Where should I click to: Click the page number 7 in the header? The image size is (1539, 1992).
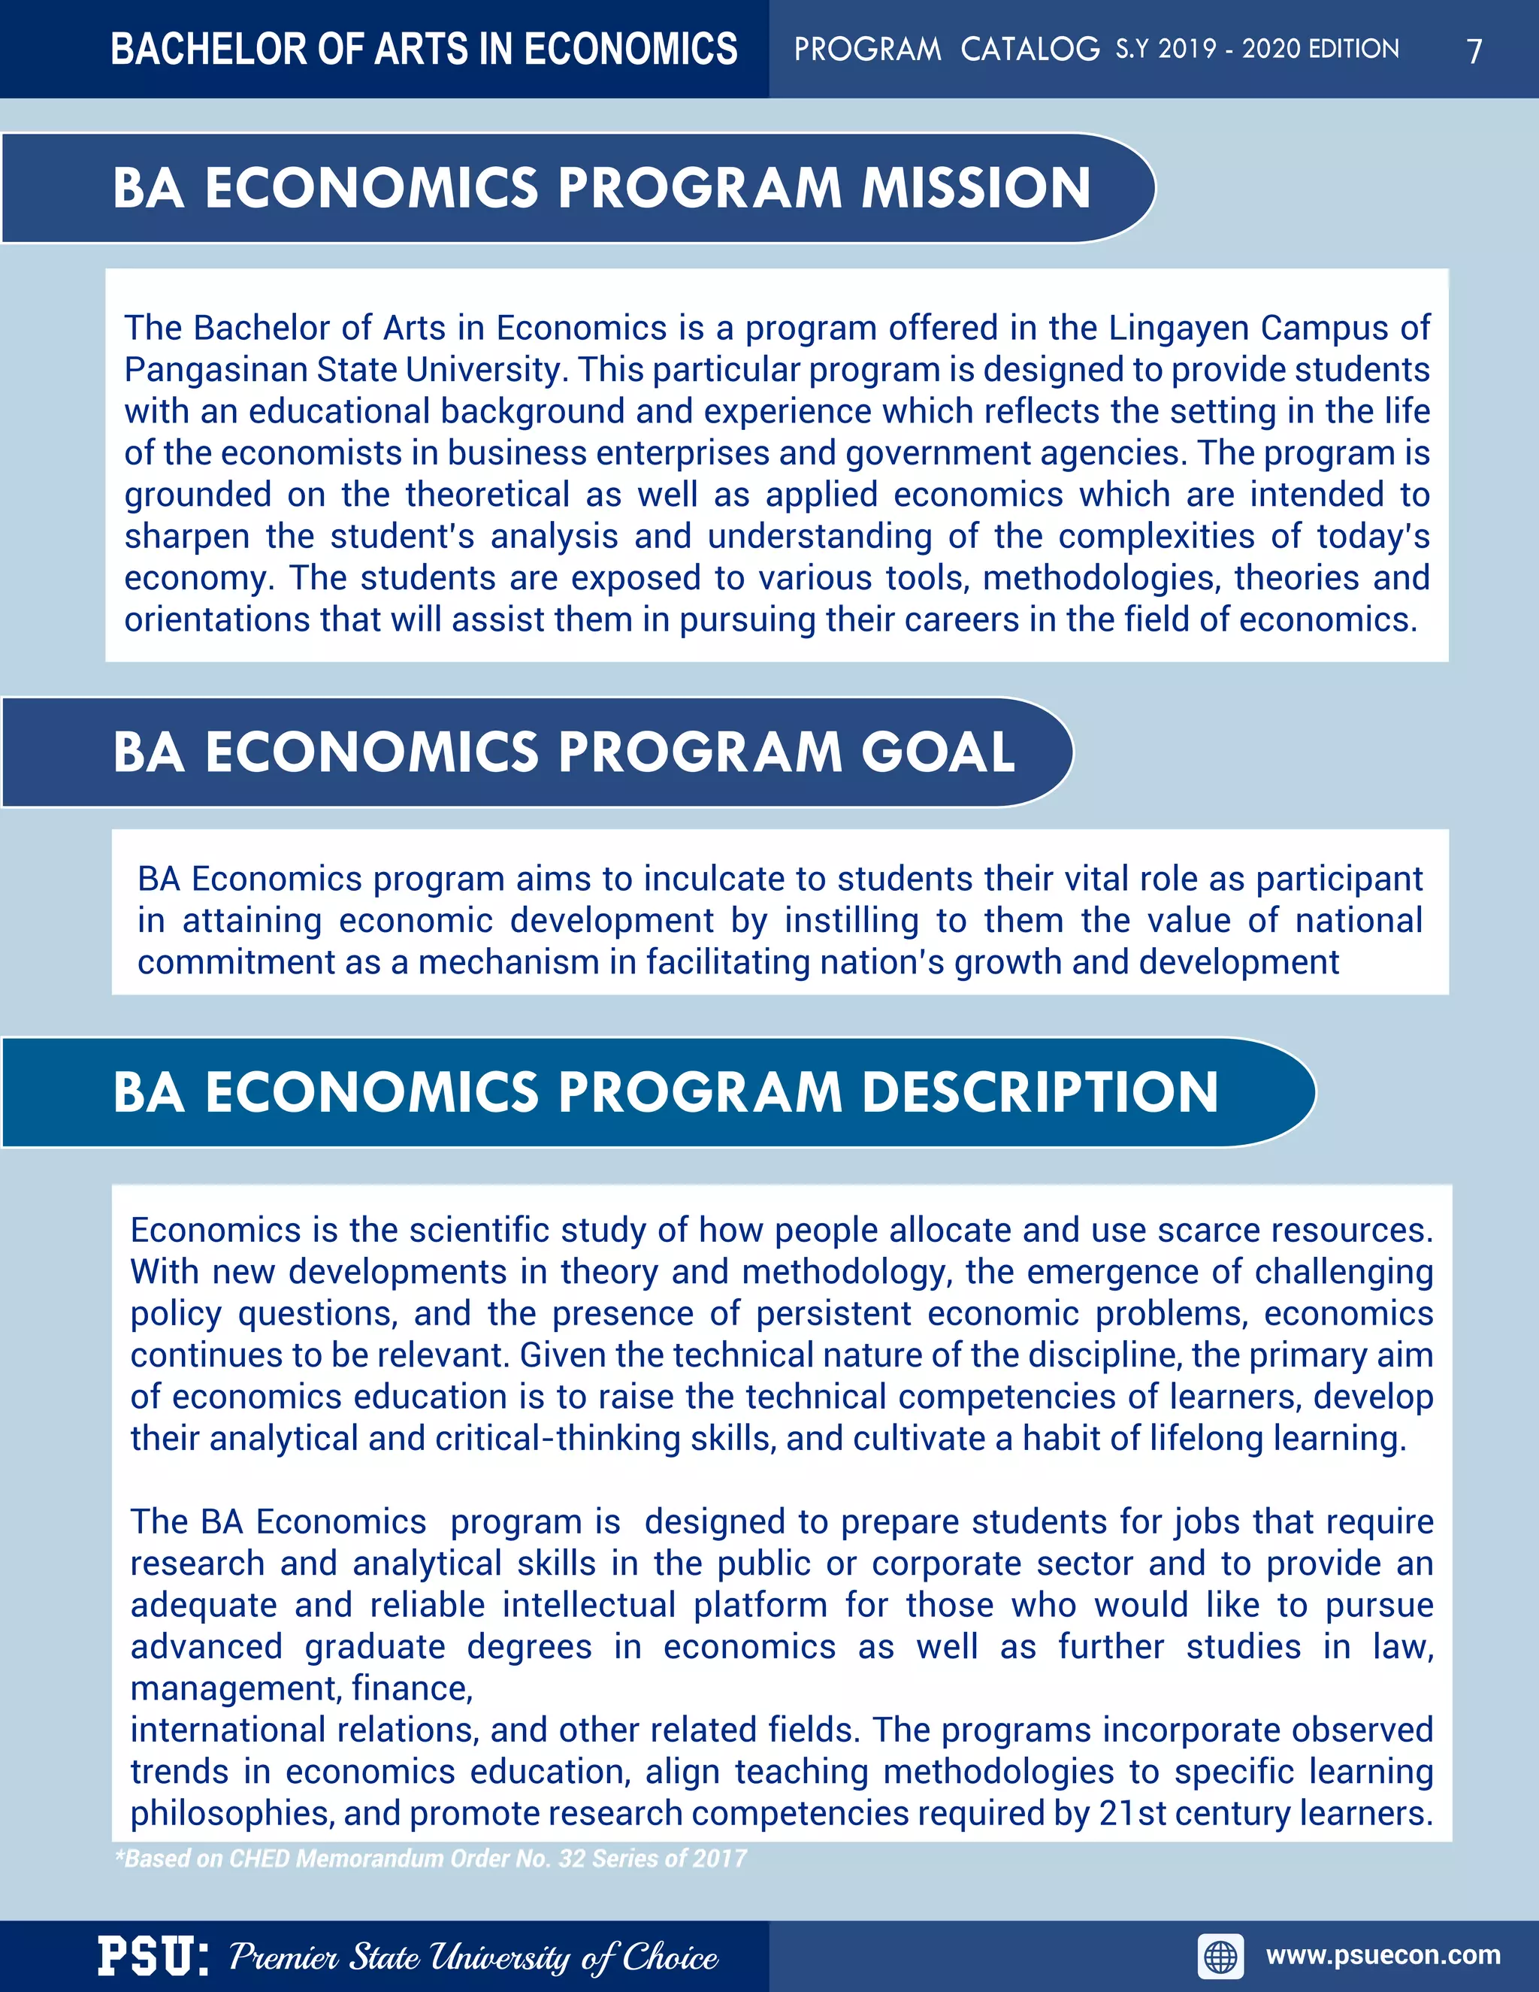pyautogui.click(x=1474, y=51)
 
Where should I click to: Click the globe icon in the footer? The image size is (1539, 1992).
pyautogui.click(x=1221, y=1957)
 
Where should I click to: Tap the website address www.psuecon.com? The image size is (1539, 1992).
pyautogui.click(x=1383, y=1954)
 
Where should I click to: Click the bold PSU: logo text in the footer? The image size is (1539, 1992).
pyautogui.click(x=153, y=1957)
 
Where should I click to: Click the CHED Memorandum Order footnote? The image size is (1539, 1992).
pyautogui.click(x=431, y=1859)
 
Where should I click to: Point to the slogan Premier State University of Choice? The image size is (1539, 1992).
pyautogui.click(x=473, y=1957)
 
